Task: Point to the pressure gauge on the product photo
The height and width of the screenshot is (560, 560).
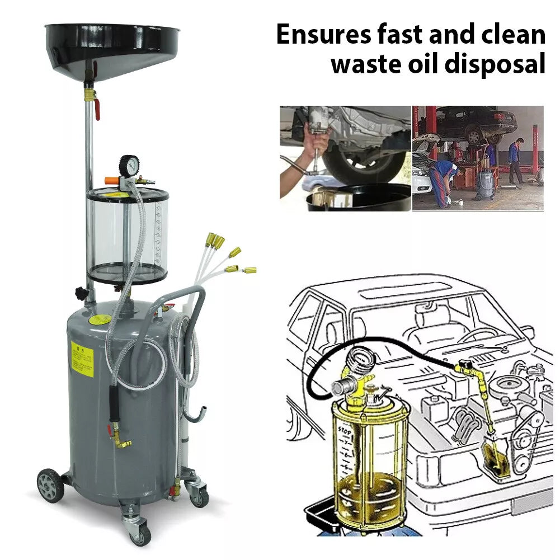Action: point(129,166)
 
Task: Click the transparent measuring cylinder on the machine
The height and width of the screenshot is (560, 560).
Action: point(128,235)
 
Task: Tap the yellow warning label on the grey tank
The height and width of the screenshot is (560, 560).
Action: point(82,359)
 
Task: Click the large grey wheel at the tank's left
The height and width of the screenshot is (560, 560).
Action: point(50,484)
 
